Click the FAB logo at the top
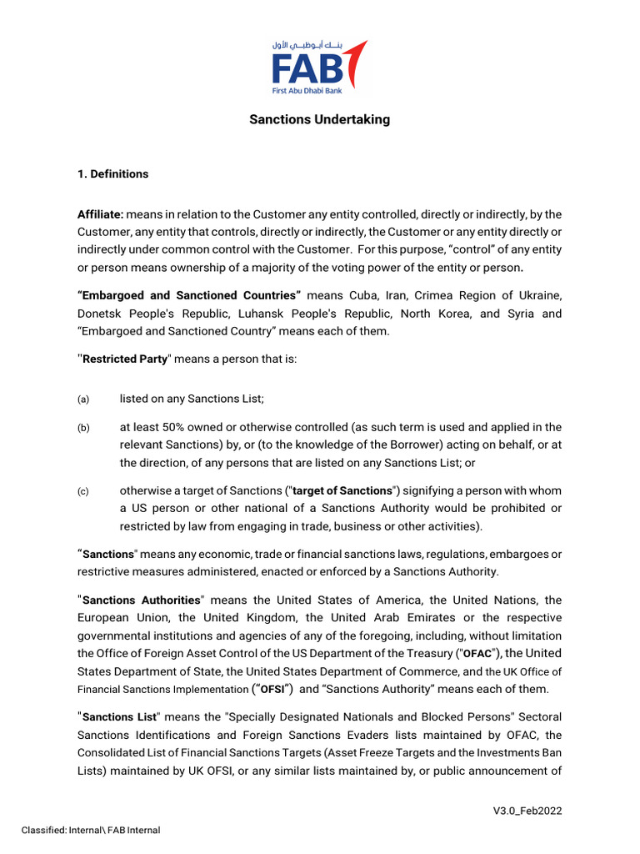click(320, 66)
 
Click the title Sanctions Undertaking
click(320, 119)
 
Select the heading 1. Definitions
click(112, 174)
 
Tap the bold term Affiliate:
click(100, 214)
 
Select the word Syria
click(522, 314)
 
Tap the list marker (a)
click(83, 399)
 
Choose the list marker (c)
click(83, 491)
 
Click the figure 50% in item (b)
click(174, 427)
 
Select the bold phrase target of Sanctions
click(352, 490)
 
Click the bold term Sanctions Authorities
click(142, 600)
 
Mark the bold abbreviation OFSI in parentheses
click(272, 690)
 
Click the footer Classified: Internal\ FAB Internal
click(90, 830)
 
